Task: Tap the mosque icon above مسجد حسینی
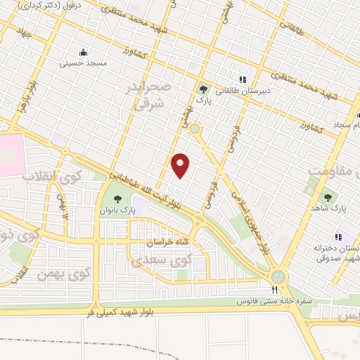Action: [x=84, y=52]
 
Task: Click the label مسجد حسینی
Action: [x=86, y=63]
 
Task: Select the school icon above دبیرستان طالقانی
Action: [x=243, y=79]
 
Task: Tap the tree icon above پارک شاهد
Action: [x=328, y=198]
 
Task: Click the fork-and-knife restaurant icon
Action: [x=275, y=289]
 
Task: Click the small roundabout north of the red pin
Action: [x=194, y=129]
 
